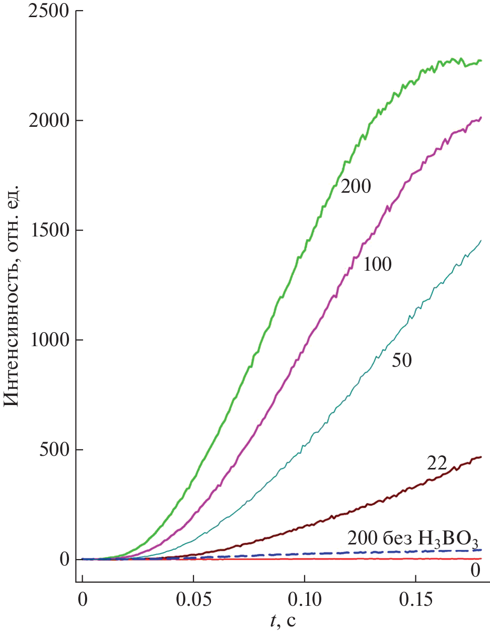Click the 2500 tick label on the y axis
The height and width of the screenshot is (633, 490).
(48, 11)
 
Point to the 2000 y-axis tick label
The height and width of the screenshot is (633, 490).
(48, 121)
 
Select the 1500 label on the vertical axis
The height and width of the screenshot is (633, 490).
(48, 230)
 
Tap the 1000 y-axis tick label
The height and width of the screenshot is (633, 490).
(48, 340)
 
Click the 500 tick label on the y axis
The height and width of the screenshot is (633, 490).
(54, 450)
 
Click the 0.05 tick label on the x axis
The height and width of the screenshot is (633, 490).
(193, 599)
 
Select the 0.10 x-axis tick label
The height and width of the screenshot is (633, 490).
(305, 599)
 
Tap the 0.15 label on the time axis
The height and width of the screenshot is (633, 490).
(415, 599)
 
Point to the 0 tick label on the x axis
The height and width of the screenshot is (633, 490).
(82, 599)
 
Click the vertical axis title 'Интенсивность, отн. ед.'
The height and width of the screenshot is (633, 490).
(12, 295)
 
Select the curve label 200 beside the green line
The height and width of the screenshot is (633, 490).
(356, 187)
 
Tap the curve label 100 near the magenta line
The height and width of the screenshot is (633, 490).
(377, 264)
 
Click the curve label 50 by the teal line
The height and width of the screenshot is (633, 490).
(402, 360)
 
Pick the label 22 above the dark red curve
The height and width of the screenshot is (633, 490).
(437, 463)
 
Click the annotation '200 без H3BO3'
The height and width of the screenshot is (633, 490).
(412, 538)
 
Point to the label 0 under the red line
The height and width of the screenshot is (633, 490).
(475, 570)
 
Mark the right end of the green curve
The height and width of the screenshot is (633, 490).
(481, 60)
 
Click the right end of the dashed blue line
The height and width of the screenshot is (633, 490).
(481, 550)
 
